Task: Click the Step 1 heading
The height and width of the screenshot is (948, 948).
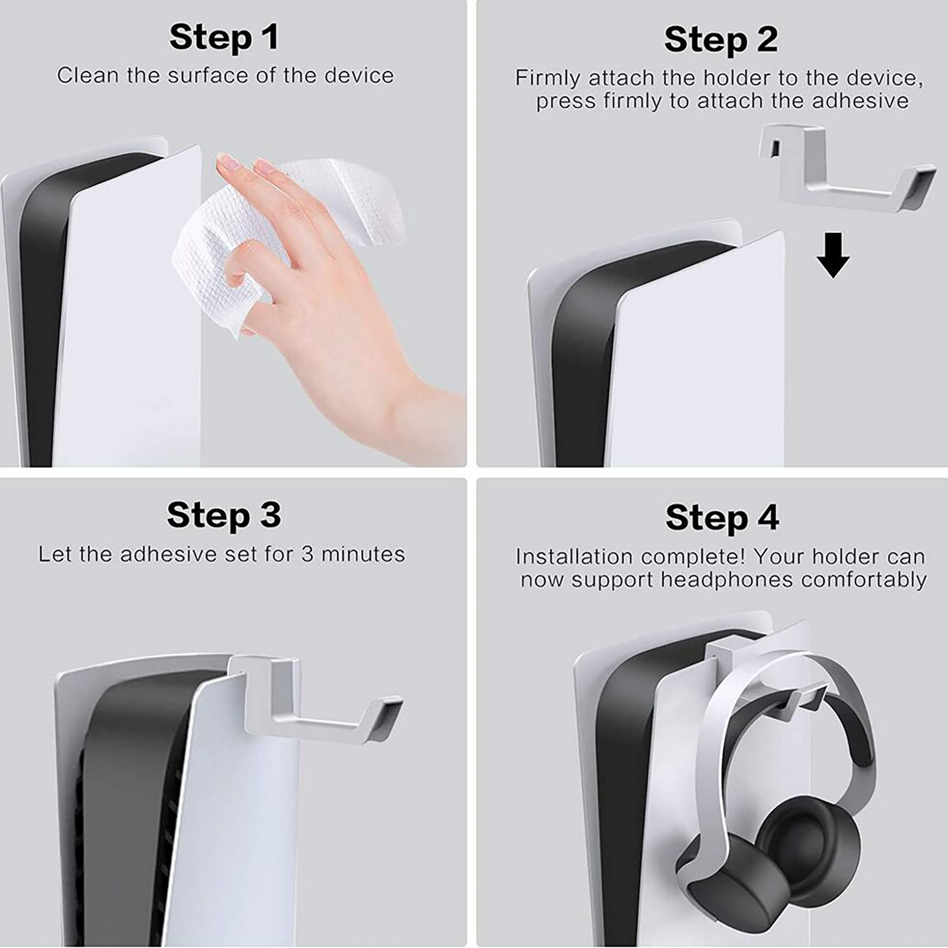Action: pos(224,37)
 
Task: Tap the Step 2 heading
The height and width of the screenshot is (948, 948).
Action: pos(720,40)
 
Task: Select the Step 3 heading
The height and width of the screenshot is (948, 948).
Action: pos(224,515)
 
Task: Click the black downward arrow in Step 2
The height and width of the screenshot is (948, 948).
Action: pos(833,255)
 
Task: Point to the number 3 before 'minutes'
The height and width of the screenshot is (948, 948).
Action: pos(307,555)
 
